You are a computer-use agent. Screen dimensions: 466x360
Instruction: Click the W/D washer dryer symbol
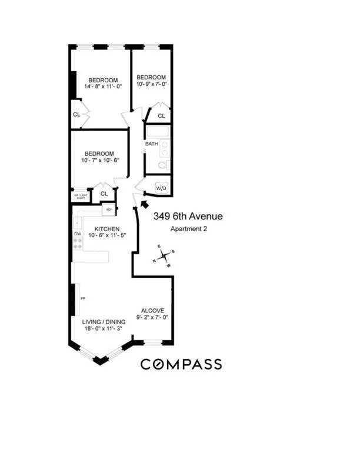(160, 188)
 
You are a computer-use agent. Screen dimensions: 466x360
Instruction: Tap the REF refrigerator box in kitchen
(109, 209)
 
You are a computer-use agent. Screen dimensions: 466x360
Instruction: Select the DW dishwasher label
(77, 234)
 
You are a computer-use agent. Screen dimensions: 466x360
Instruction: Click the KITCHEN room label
(108, 229)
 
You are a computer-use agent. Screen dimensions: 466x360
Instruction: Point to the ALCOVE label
(152, 311)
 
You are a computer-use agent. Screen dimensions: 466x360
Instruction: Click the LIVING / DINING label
(105, 321)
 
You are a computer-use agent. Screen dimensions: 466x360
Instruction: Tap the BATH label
(152, 144)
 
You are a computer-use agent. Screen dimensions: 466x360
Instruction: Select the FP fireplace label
(83, 299)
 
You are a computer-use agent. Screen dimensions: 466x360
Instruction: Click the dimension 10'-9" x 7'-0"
(151, 85)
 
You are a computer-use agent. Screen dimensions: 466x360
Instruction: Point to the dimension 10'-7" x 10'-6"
(98, 161)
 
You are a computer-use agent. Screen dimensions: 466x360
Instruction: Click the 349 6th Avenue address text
(188, 217)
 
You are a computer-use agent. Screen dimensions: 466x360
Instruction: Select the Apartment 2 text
(188, 228)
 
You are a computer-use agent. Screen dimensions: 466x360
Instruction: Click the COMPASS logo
(181, 364)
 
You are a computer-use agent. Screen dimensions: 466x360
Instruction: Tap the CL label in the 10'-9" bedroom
(161, 116)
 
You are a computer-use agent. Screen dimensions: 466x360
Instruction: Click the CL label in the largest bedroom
(76, 115)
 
